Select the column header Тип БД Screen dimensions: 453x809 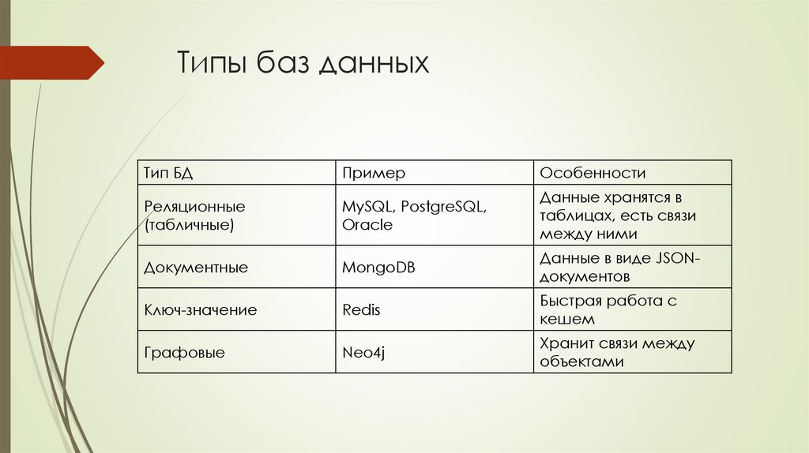point(167,173)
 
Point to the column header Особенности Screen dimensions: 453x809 point(593,173)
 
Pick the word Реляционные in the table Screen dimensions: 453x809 point(194,206)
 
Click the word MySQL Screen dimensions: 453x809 point(367,206)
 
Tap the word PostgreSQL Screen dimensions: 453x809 point(443,206)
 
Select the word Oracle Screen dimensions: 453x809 point(367,225)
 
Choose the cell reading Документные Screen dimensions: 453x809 point(196,268)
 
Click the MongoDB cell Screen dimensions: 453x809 point(378,268)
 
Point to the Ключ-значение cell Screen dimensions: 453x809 point(200,310)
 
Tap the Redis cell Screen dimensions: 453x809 point(361,310)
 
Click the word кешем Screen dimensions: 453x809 point(567,320)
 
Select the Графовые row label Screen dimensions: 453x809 point(184,353)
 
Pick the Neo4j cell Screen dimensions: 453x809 point(363,353)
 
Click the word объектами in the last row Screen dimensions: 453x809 point(582,362)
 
